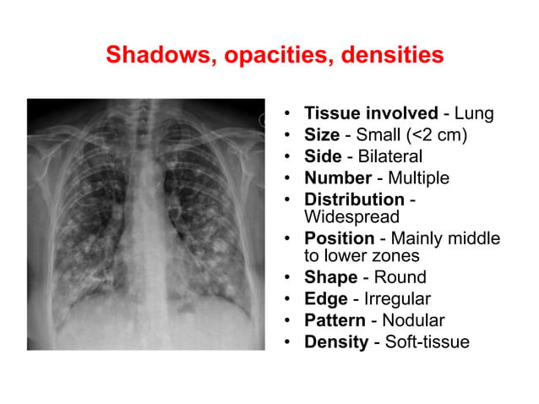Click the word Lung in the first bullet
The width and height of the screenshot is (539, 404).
(474, 113)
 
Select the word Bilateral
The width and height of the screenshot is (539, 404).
(389, 156)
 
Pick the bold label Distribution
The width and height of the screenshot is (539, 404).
(354, 199)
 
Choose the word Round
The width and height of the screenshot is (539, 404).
(400, 277)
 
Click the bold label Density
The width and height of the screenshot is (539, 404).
(335, 342)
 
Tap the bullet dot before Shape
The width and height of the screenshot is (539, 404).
(288, 278)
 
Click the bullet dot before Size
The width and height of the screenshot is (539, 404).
(288, 135)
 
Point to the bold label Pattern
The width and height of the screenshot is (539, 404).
(335, 320)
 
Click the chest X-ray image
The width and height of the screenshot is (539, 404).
(145, 224)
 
